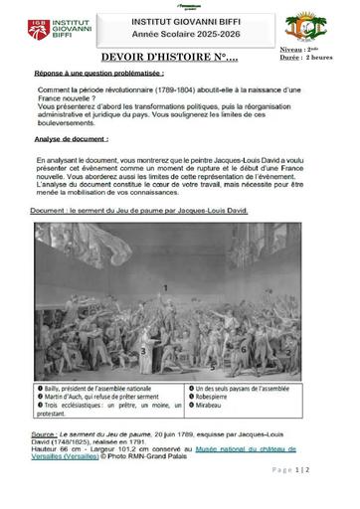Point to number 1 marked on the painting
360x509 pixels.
[x=164, y=259]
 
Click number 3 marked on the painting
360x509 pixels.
[x=145, y=351]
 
